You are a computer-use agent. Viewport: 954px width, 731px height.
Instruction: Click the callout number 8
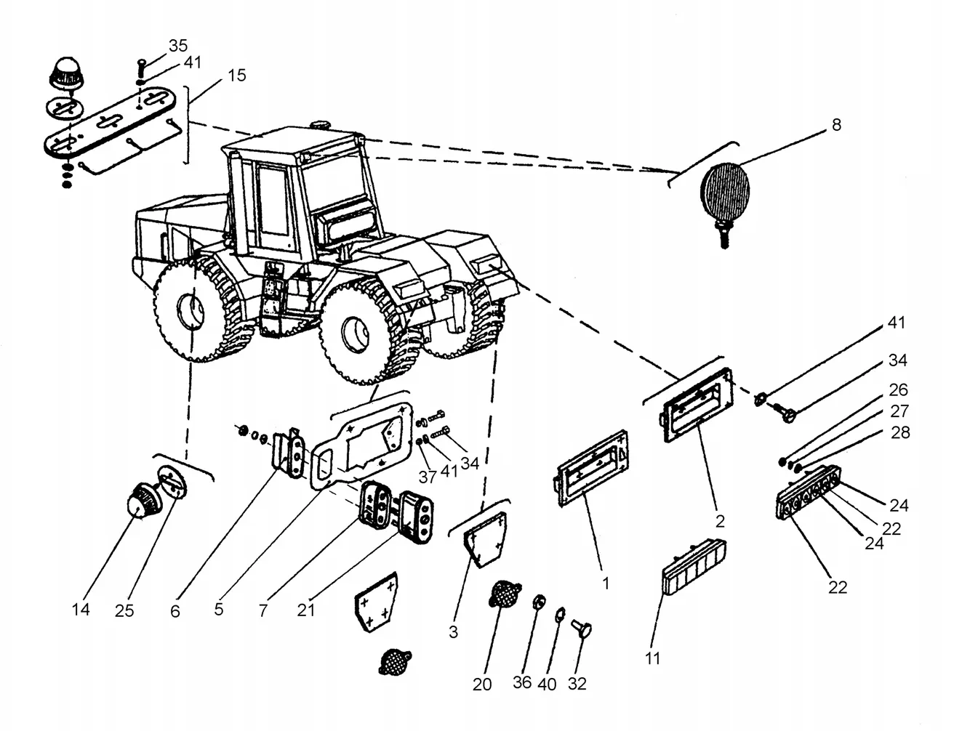(x=836, y=125)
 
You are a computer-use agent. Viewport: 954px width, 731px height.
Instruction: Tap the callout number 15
(x=236, y=76)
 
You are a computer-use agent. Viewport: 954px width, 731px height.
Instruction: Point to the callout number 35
(x=178, y=46)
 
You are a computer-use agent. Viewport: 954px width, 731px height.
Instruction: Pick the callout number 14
(x=81, y=610)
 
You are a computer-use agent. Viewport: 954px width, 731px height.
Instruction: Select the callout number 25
(x=124, y=610)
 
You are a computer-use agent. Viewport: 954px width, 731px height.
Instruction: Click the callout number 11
(x=652, y=658)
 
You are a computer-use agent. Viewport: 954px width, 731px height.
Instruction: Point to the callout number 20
(x=482, y=684)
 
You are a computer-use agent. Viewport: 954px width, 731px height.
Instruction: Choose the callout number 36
(x=522, y=682)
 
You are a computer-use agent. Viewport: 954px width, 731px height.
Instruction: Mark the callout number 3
(x=454, y=632)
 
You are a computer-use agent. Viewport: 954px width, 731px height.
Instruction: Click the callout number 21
(x=306, y=610)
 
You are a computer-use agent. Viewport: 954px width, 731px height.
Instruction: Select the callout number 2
(x=720, y=522)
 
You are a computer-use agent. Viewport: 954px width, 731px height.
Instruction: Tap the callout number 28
(x=900, y=433)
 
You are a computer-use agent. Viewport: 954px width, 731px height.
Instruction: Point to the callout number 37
(x=427, y=477)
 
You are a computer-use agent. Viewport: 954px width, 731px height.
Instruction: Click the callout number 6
(x=175, y=611)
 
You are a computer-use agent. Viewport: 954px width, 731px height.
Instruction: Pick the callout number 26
(x=898, y=389)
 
